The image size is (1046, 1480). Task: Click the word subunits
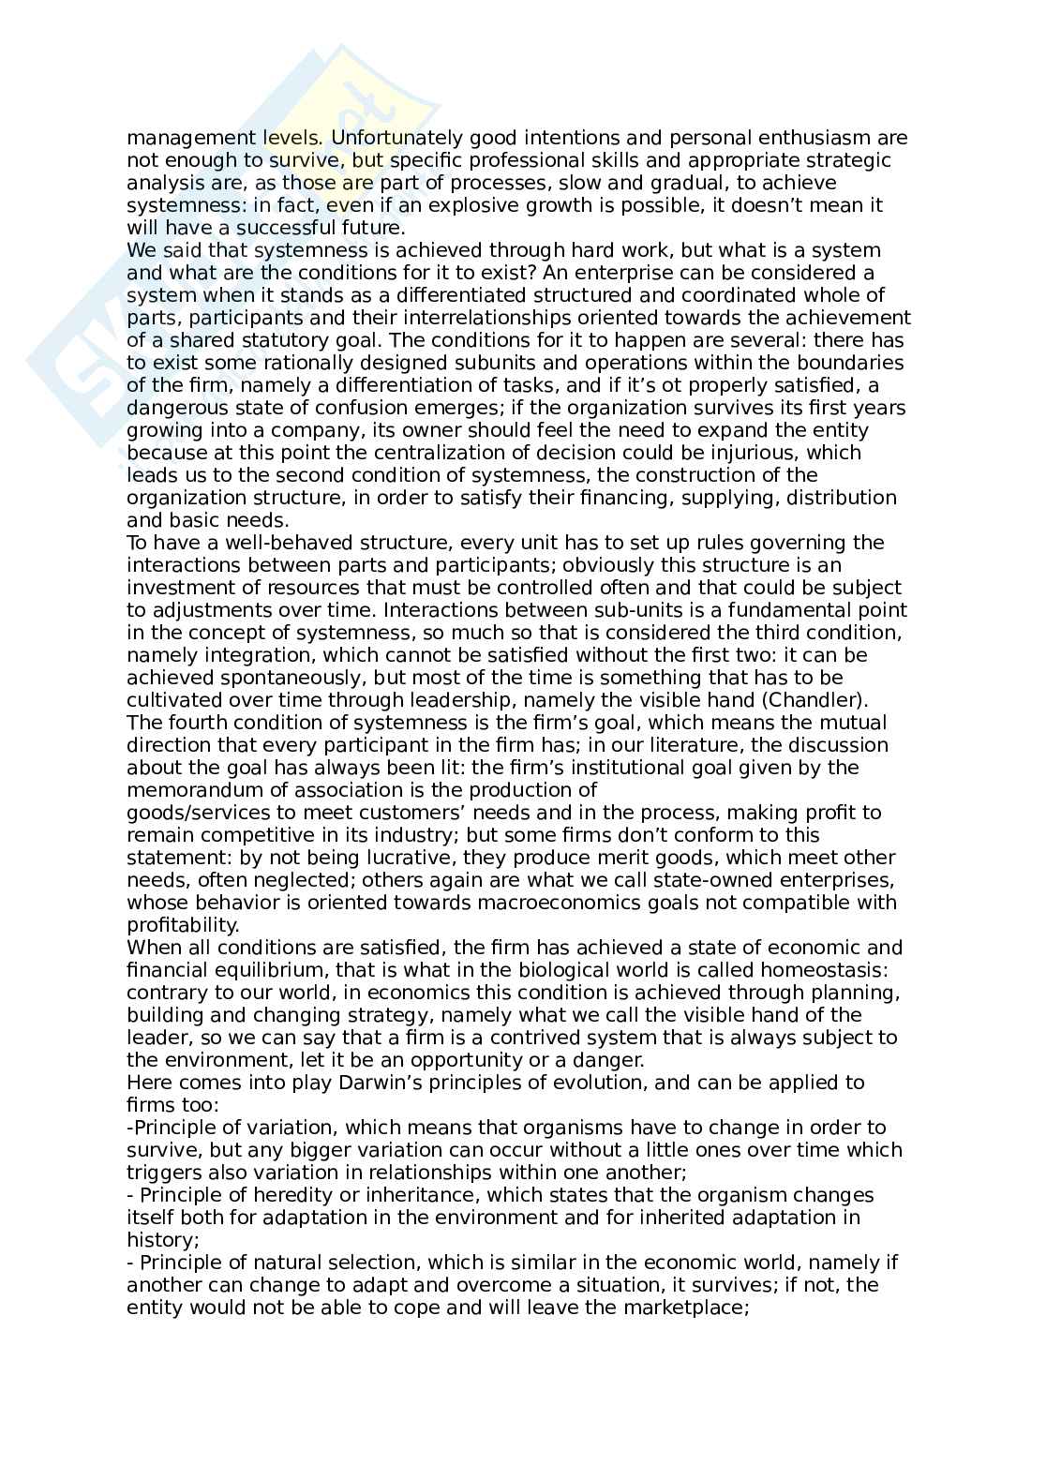pyautogui.click(x=457, y=363)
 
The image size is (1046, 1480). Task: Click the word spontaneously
pyautogui.click(x=282, y=678)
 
